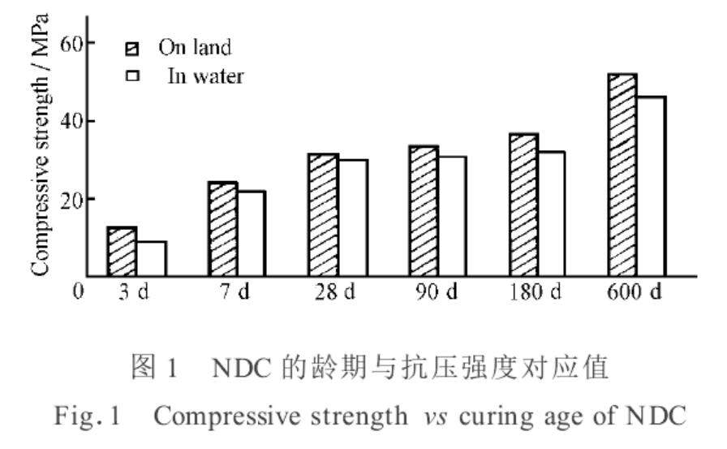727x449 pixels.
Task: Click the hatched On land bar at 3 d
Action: click(122, 252)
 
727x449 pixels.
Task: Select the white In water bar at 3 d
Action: click(151, 259)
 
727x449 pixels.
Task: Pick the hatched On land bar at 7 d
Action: click(222, 229)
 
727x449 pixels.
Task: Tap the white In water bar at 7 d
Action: click(252, 234)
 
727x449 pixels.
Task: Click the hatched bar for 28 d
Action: click(323, 215)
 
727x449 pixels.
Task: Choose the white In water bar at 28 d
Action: click(352, 218)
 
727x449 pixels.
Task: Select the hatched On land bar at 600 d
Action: click(622, 175)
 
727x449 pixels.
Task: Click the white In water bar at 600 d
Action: click(652, 186)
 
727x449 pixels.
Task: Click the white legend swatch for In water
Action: click(130, 78)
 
